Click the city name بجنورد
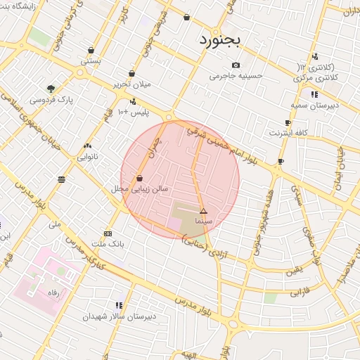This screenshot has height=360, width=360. [x=219, y=39]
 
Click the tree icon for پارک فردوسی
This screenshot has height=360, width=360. [x=51, y=89]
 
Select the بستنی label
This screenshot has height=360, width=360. [x=91, y=61]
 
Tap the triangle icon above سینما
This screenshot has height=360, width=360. [x=203, y=211]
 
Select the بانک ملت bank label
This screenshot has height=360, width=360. [x=108, y=244]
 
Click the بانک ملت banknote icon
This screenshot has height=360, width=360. [x=108, y=233]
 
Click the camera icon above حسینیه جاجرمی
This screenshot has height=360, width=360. [x=236, y=65]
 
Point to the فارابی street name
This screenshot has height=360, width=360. [x=300, y=290]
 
